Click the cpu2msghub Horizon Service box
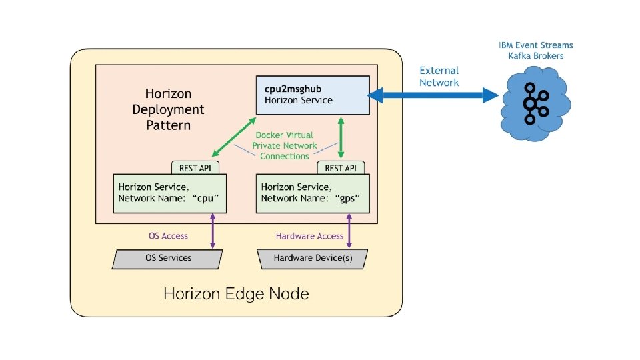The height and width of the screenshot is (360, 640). (313, 95)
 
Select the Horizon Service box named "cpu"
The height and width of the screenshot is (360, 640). (169, 193)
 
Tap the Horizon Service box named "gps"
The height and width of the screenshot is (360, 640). (312, 193)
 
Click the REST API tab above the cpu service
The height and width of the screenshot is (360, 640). (196, 167)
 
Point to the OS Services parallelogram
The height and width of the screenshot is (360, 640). (168, 258)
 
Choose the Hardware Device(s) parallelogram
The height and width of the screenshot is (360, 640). (313, 258)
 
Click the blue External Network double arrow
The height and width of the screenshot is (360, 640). (433, 97)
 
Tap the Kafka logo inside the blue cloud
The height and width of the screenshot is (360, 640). (535, 103)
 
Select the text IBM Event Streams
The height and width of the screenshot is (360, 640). (535, 45)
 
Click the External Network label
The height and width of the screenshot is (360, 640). (439, 76)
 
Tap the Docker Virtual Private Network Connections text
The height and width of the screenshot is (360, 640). (285, 145)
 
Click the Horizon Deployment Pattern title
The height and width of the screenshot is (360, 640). (168, 109)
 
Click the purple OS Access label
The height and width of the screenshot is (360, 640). (167, 235)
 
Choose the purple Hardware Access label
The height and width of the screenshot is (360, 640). (309, 235)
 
